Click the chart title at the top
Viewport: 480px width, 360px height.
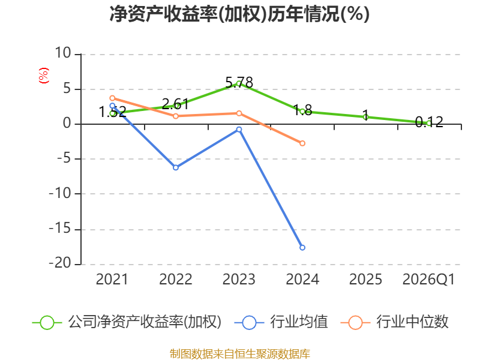coord(239,14)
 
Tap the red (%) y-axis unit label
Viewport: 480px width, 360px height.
coord(43,76)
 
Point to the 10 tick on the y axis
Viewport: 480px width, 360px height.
coord(63,53)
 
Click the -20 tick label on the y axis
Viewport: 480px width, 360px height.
coord(60,263)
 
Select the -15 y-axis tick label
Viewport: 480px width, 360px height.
coord(60,229)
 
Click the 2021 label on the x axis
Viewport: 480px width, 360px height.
coord(112,279)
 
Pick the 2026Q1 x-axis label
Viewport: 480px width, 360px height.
coord(428,279)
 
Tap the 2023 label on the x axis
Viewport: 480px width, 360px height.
coord(239,279)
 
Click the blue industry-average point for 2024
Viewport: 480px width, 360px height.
coord(302,247)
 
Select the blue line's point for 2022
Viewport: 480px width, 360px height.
coord(176,167)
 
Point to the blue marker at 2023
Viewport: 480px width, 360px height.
coord(239,130)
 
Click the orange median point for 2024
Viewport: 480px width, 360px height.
coord(302,143)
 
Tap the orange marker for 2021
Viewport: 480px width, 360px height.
coord(112,98)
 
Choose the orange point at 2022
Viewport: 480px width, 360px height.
coord(176,116)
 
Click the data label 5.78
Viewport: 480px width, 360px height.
coord(239,83)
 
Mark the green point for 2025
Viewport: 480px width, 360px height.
coord(365,117)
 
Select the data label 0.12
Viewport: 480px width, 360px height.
coord(429,122)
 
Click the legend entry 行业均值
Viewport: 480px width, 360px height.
coord(281,322)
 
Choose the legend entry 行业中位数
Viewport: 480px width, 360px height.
coord(395,322)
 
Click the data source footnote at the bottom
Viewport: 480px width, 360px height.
coord(240,353)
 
